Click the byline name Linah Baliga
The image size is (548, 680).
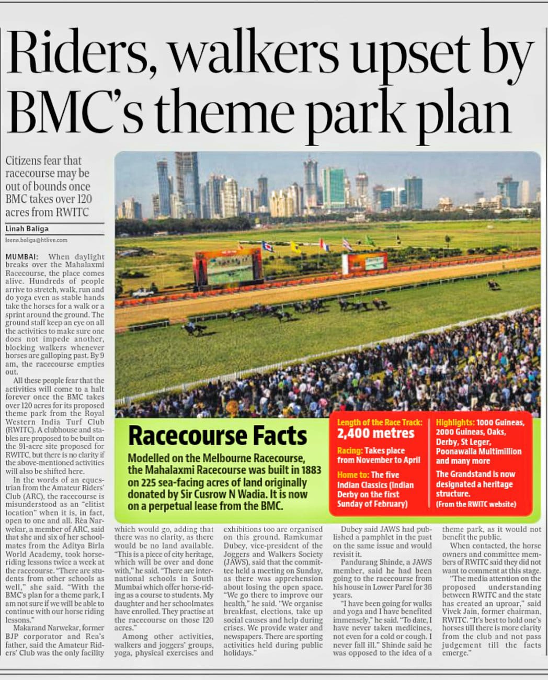click(x=27, y=229)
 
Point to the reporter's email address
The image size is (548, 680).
click(x=37, y=240)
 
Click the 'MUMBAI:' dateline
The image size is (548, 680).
click(x=21, y=257)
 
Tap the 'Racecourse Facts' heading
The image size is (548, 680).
click(x=218, y=435)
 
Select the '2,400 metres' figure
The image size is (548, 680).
click(x=375, y=433)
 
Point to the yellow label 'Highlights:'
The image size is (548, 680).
click(x=455, y=422)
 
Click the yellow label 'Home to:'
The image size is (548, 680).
click(x=353, y=475)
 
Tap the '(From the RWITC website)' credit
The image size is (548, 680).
click(x=476, y=504)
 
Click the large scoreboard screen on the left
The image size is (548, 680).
click(x=228, y=267)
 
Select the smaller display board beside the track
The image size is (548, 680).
click(x=372, y=263)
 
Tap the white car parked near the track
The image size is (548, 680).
click(x=143, y=293)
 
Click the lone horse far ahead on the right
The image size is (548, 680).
click(x=493, y=285)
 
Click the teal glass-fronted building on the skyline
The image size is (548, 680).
click(x=334, y=187)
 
